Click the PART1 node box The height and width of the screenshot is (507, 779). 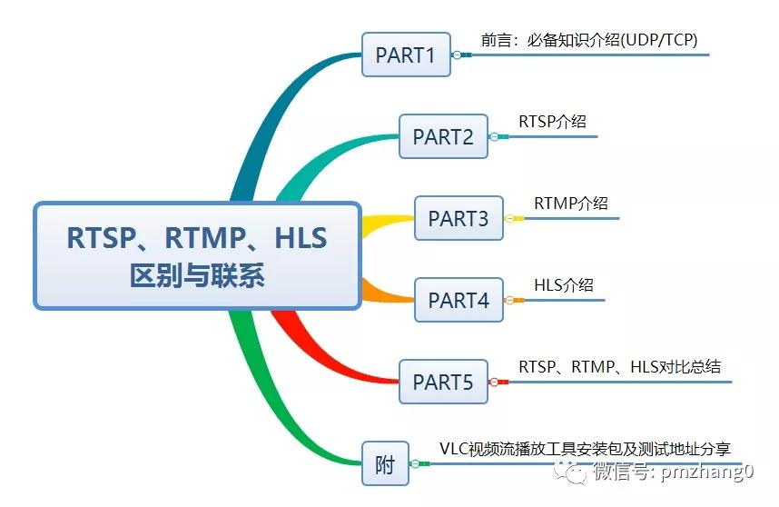click(x=406, y=55)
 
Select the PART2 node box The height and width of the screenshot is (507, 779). click(x=443, y=136)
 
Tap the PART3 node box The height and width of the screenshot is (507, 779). click(x=459, y=218)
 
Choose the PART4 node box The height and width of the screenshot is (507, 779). click(x=459, y=300)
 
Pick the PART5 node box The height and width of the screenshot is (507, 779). click(x=443, y=382)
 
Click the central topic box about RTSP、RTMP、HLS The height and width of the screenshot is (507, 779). click(x=197, y=255)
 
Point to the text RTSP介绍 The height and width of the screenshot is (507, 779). click(x=552, y=121)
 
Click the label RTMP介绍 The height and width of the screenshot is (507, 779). click(x=570, y=203)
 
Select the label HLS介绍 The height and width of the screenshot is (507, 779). click(x=563, y=284)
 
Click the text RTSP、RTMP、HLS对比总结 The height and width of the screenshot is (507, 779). click(x=619, y=366)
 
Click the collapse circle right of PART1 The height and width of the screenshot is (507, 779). click(x=457, y=55)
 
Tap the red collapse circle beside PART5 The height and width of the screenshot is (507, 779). click(x=494, y=383)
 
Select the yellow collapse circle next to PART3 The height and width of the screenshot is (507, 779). click(x=509, y=218)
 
